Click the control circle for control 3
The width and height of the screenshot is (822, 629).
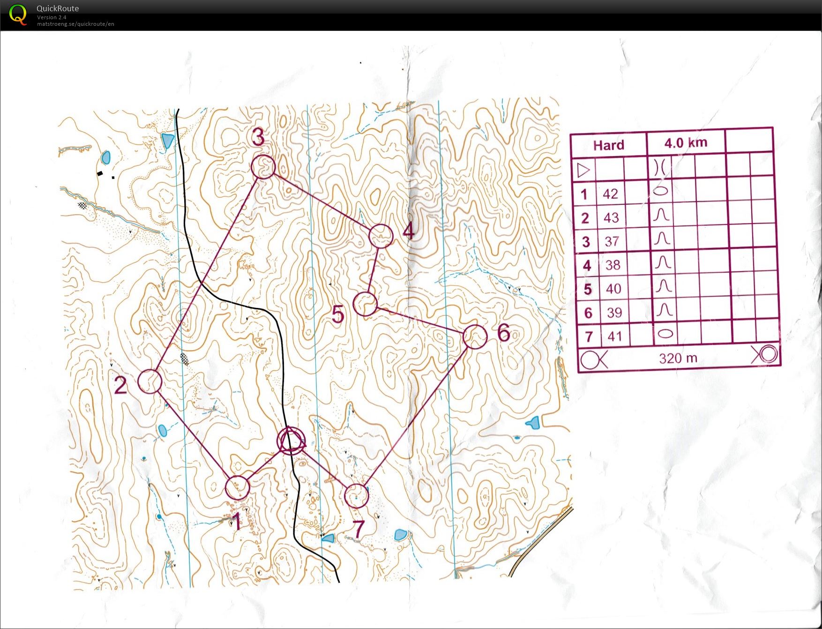[x=263, y=167]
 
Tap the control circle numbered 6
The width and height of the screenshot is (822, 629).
[x=475, y=337]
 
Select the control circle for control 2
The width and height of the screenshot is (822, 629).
[x=150, y=381]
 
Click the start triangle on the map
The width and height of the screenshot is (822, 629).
[x=291, y=439]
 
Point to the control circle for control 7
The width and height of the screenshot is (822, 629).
[x=356, y=496]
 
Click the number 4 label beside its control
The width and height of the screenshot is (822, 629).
[x=409, y=231]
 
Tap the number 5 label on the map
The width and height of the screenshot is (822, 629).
[x=338, y=314]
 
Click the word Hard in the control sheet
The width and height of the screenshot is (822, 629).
[x=608, y=145]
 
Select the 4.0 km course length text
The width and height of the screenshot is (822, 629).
[x=686, y=143]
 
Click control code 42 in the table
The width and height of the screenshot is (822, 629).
[x=610, y=194]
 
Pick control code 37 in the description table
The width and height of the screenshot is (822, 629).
[x=612, y=241]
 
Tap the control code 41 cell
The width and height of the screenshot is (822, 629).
[x=614, y=336]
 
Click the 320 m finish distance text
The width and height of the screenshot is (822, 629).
[x=678, y=359]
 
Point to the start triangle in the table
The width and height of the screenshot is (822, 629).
[x=583, y=170]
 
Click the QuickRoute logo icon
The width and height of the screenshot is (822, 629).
[x=18, y=15]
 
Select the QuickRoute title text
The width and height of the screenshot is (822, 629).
[x=58, y=8]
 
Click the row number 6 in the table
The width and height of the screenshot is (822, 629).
[x=588, y=313]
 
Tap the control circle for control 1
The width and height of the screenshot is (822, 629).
[x=237, y=488]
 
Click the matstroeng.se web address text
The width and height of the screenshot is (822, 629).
[x=75, y=24]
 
